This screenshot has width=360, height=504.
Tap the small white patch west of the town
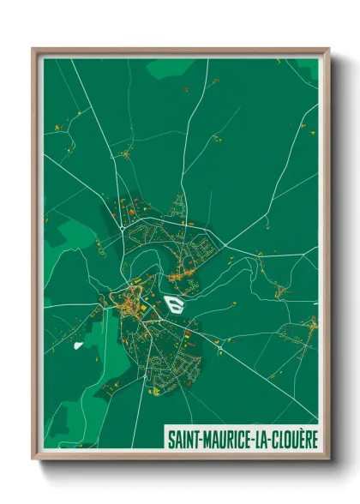tap(78, 345)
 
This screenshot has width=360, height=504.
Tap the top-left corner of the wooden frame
tap(33, 49)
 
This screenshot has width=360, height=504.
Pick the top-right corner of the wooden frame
tap(328, 49)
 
